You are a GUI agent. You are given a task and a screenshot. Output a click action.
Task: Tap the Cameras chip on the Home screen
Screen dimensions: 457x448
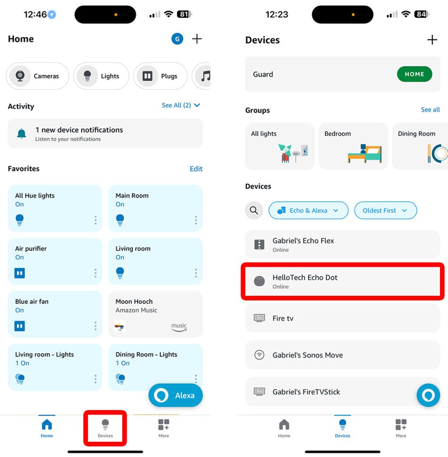click(37, 76)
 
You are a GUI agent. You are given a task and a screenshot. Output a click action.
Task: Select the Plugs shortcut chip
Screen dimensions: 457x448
click(160, 76)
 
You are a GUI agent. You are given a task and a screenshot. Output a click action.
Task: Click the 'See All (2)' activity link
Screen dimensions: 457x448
click(181, 105)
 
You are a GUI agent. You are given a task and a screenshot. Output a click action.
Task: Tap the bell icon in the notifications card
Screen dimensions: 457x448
click(21, 133)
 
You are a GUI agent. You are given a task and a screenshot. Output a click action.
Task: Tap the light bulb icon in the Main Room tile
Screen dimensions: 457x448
click(120, 219)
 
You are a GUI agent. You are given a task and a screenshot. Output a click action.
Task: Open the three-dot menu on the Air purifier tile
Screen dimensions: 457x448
click(95, 273)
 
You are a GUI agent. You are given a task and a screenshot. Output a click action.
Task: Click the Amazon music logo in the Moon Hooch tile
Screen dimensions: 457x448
click(179, 327)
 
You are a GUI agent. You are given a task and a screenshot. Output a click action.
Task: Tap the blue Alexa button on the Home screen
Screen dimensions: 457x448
click(175, 395)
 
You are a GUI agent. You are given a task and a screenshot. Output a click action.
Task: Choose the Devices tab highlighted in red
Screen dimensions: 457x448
click(105, 428)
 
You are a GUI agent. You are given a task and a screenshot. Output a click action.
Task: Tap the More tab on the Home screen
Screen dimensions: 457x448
click(164, 428)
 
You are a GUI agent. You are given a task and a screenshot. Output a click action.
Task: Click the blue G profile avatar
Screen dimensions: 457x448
click(177, 39)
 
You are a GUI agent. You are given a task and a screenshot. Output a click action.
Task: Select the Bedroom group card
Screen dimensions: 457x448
click(353, 146)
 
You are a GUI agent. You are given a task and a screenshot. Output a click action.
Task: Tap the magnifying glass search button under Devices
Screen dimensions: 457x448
click(254, 210)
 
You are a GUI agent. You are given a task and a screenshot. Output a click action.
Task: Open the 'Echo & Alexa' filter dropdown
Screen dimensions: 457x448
click(308, 210)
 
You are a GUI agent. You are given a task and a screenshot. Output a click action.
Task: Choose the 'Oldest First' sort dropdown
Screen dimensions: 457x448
click(385, 210)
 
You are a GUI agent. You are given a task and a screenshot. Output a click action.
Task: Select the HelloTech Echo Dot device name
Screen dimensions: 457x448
click(305, 278)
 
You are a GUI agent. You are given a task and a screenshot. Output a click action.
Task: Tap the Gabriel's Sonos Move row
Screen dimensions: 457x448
click(342, 355)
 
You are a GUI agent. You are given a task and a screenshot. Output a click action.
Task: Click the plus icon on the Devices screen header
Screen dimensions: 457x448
click(432, 40)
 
